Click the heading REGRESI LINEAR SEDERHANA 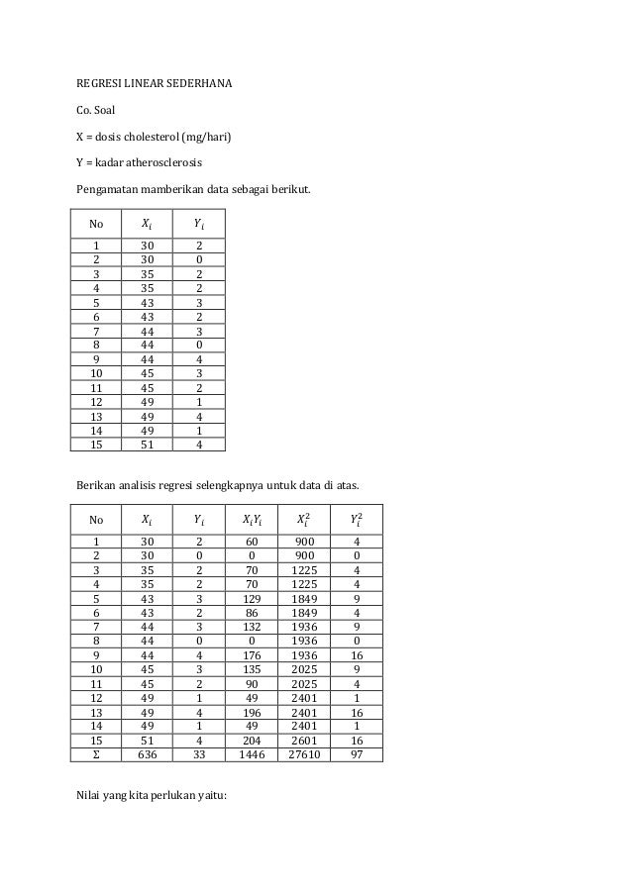[156, 82]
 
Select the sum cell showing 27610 [305, 753]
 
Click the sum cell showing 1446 [252, 753]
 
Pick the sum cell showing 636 [147, 753]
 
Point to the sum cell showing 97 [356, 753]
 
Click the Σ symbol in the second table [96, 753]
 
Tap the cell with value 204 [252, 740]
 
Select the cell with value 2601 [305, 740]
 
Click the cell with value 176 [252, 654]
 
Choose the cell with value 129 [252, 598]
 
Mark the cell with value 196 [252, 711]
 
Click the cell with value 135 [252, 668]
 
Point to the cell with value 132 [252, 626]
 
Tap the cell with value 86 [252, 612]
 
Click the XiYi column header [252, 519]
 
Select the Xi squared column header [305, 518]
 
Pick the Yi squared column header [356, 518]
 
